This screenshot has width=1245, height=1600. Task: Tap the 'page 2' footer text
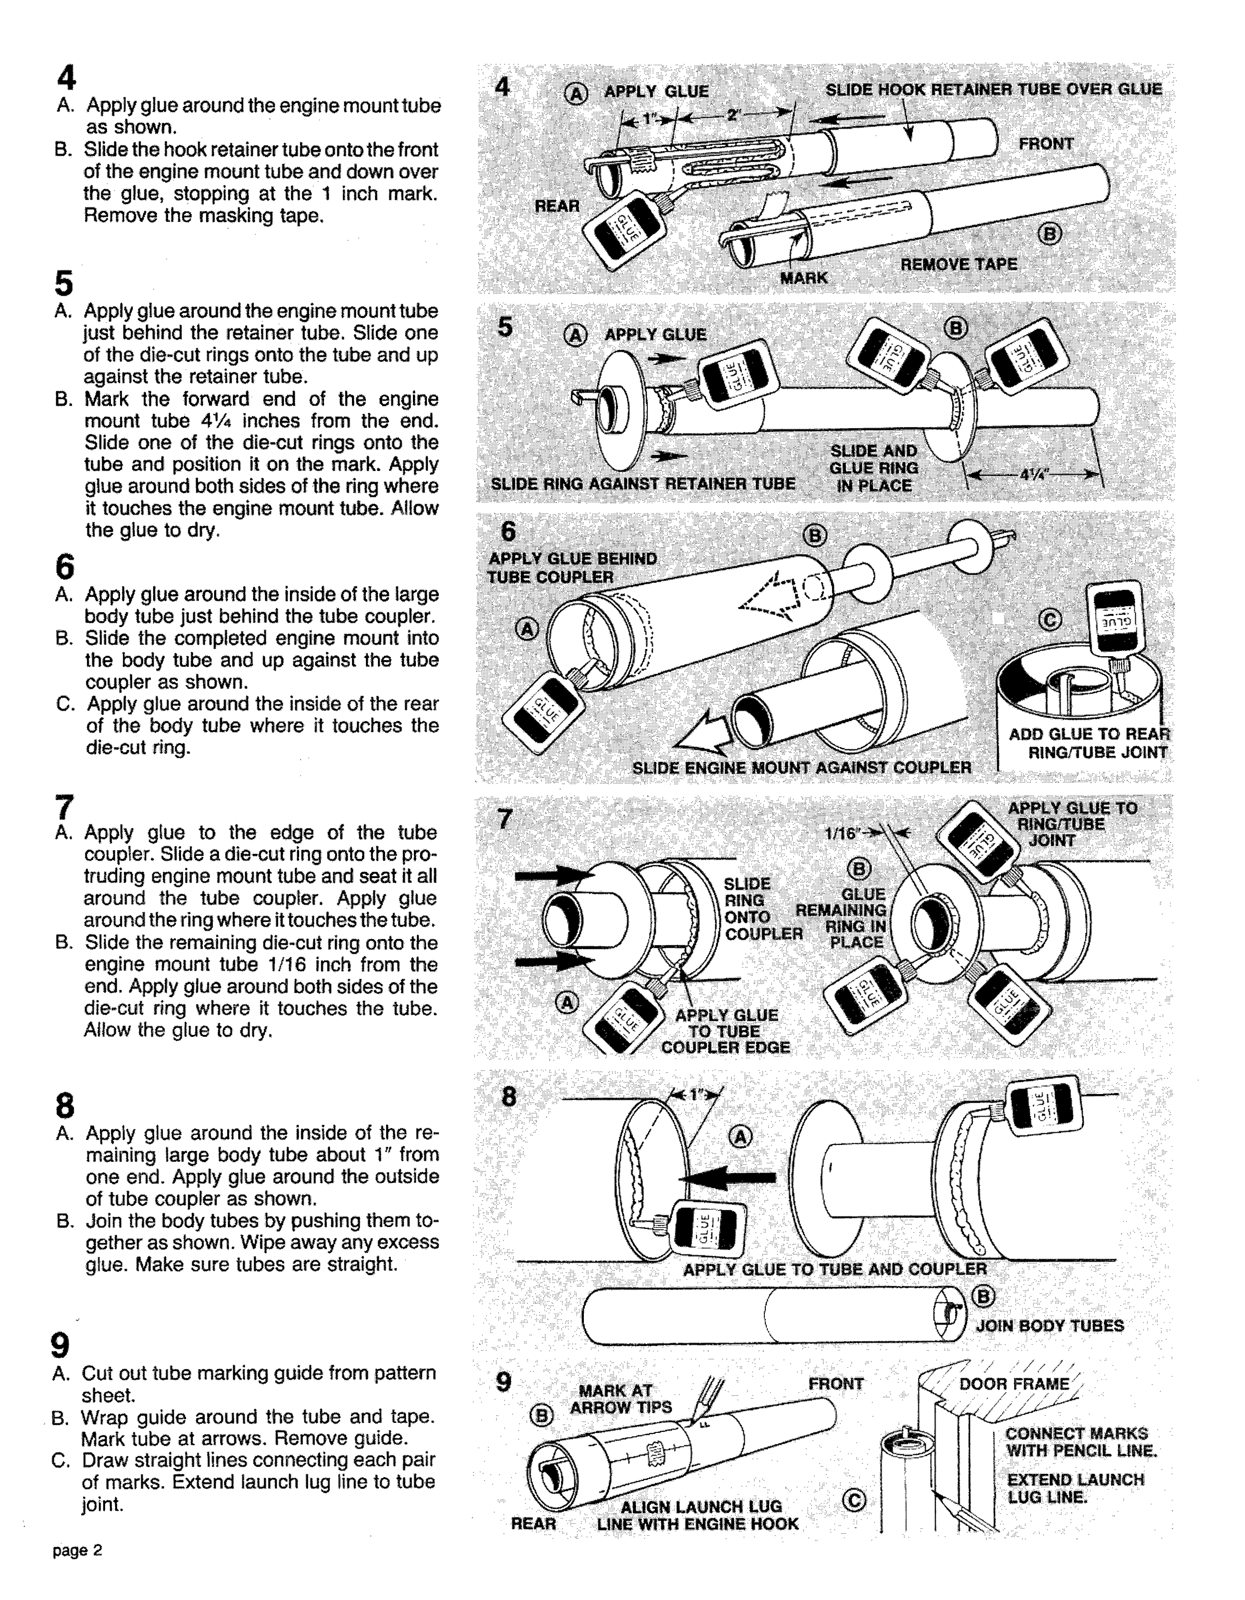click(x=77, y=1550)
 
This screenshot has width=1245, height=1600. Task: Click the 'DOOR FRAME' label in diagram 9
click(x=1014, y=1384)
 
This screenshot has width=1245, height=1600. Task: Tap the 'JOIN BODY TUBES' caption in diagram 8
click(x=1050, y=1325)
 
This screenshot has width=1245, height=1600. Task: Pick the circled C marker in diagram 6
click(x=1050, y=620)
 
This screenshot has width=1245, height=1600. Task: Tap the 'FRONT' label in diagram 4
click(x=1046, y=144)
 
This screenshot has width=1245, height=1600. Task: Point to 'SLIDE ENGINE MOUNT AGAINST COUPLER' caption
click(x=802, y=767)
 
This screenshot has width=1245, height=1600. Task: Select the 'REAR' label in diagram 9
click(x=533, y=1524)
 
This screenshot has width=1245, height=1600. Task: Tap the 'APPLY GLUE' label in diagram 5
click(x=655, y=335)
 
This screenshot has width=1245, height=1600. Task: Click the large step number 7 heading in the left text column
click(x=64, y=807)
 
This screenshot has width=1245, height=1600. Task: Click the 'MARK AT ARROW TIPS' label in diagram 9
click(x=621, y=1398)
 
